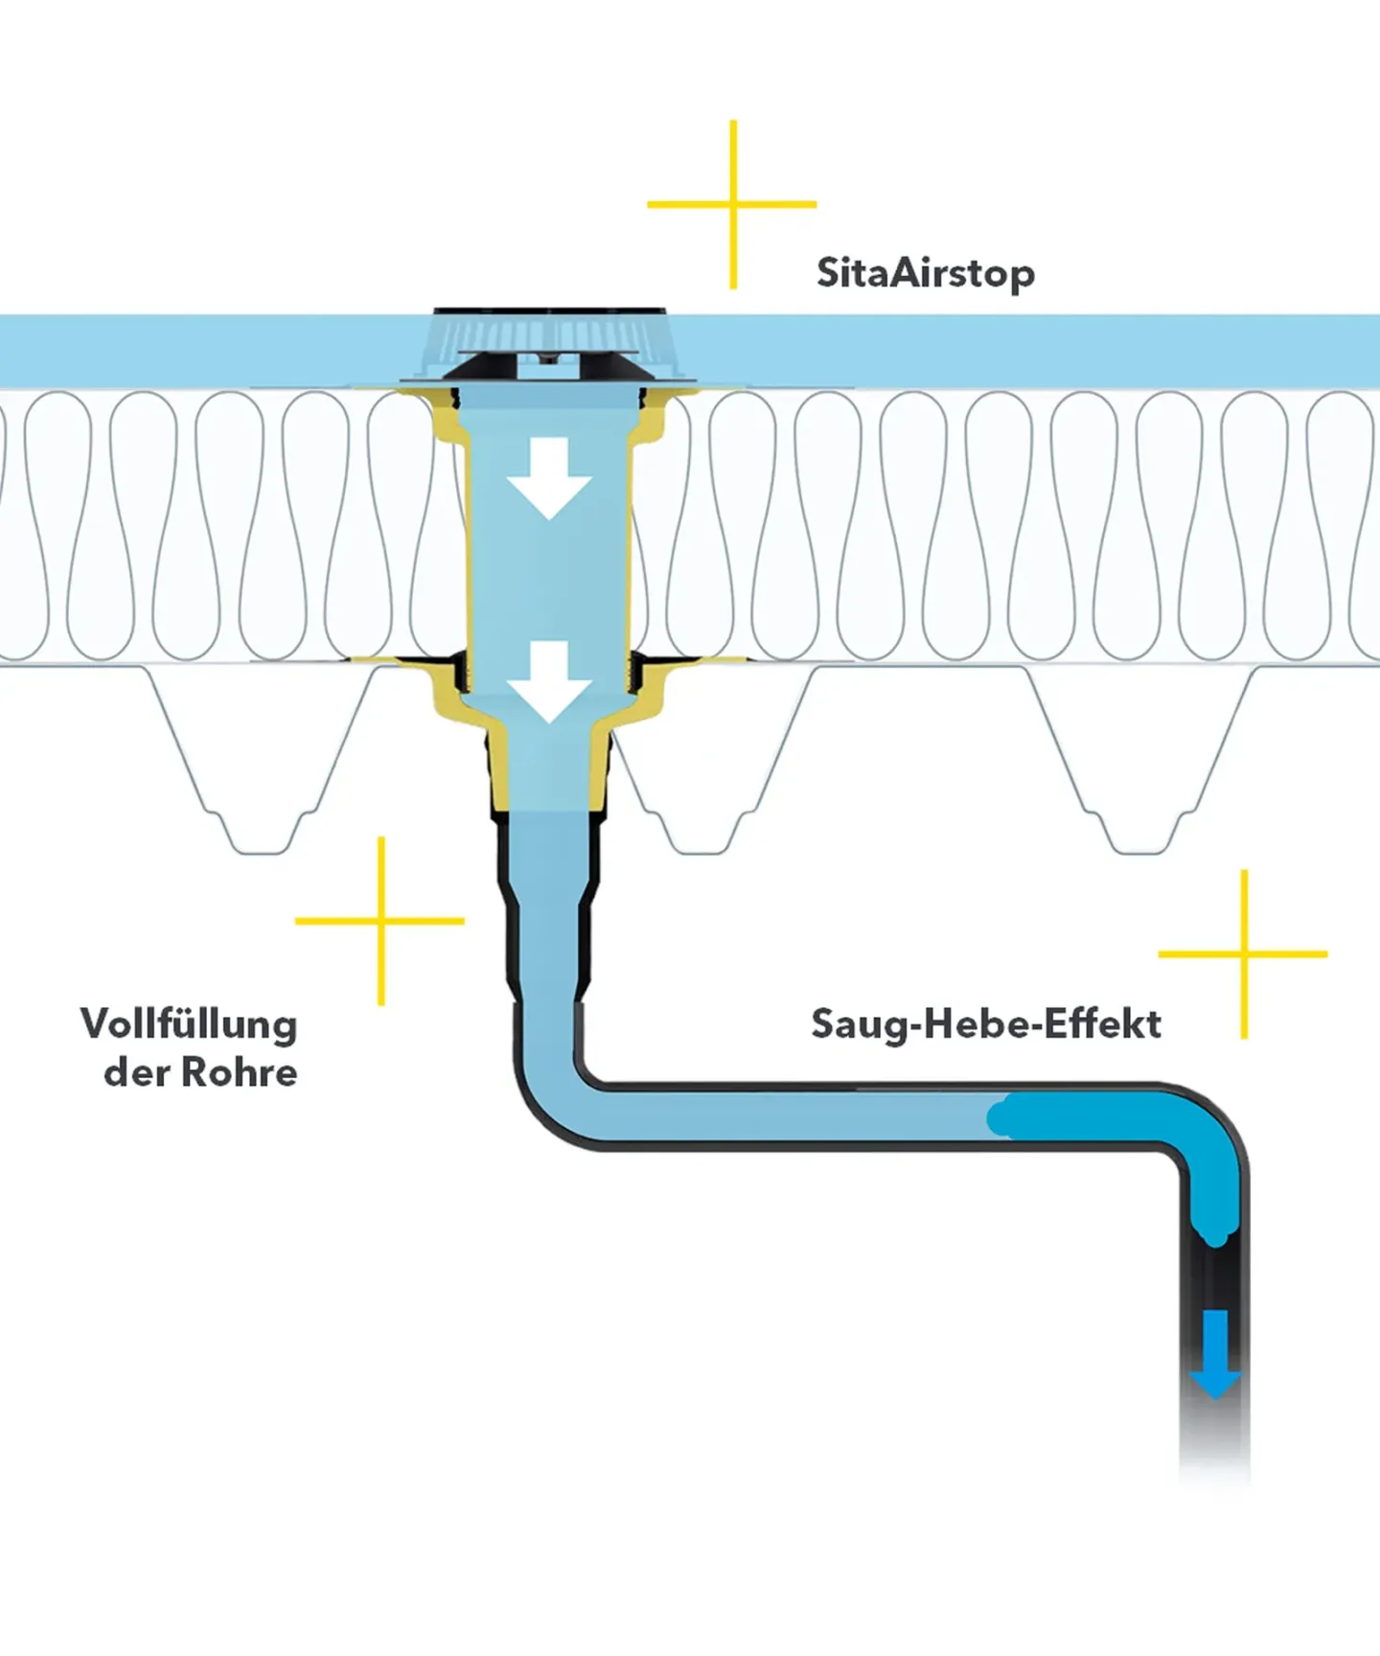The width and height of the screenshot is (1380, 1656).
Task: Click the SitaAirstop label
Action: [925, 273]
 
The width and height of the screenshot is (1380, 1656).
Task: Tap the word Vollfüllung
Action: [189, 1023]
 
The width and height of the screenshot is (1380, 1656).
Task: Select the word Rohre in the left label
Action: [240, 1072]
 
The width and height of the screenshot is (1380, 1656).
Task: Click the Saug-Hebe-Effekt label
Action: [985, 1023]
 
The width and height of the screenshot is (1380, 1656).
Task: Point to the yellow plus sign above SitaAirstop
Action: [733, 204]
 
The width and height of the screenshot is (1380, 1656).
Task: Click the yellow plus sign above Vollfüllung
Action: [380, 921]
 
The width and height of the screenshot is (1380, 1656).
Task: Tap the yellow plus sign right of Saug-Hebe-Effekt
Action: [1243, 954]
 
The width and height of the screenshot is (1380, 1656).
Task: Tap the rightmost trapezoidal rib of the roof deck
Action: [1140, 767]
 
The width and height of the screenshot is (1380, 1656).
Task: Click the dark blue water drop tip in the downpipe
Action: [1214, 1237]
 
